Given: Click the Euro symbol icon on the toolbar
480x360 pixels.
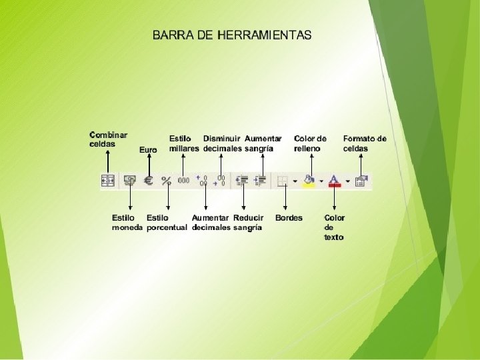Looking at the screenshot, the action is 148,181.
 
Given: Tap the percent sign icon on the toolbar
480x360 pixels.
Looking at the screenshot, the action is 167,181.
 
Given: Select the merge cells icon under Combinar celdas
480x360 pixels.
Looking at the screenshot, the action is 108,181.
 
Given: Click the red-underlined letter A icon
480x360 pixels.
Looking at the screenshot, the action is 335,181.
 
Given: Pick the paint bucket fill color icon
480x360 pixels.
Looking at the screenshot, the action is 309,181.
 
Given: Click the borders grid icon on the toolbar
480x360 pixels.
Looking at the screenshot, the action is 283,181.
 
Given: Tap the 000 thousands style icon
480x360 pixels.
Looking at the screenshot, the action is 184,181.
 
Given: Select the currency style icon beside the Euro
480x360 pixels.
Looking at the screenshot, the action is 129,181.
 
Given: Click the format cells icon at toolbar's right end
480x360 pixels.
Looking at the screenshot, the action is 362,181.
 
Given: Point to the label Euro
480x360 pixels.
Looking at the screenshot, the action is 148,150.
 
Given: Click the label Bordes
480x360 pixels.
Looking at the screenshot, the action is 289,218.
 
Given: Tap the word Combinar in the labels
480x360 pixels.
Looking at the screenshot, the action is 108,135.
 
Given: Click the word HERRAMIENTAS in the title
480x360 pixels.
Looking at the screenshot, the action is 264,35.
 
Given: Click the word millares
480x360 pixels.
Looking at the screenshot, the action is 184,148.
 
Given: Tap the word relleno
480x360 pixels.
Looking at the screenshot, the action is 307,148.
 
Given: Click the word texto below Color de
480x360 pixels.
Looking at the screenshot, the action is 334,237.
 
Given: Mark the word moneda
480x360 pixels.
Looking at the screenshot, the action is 127,227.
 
